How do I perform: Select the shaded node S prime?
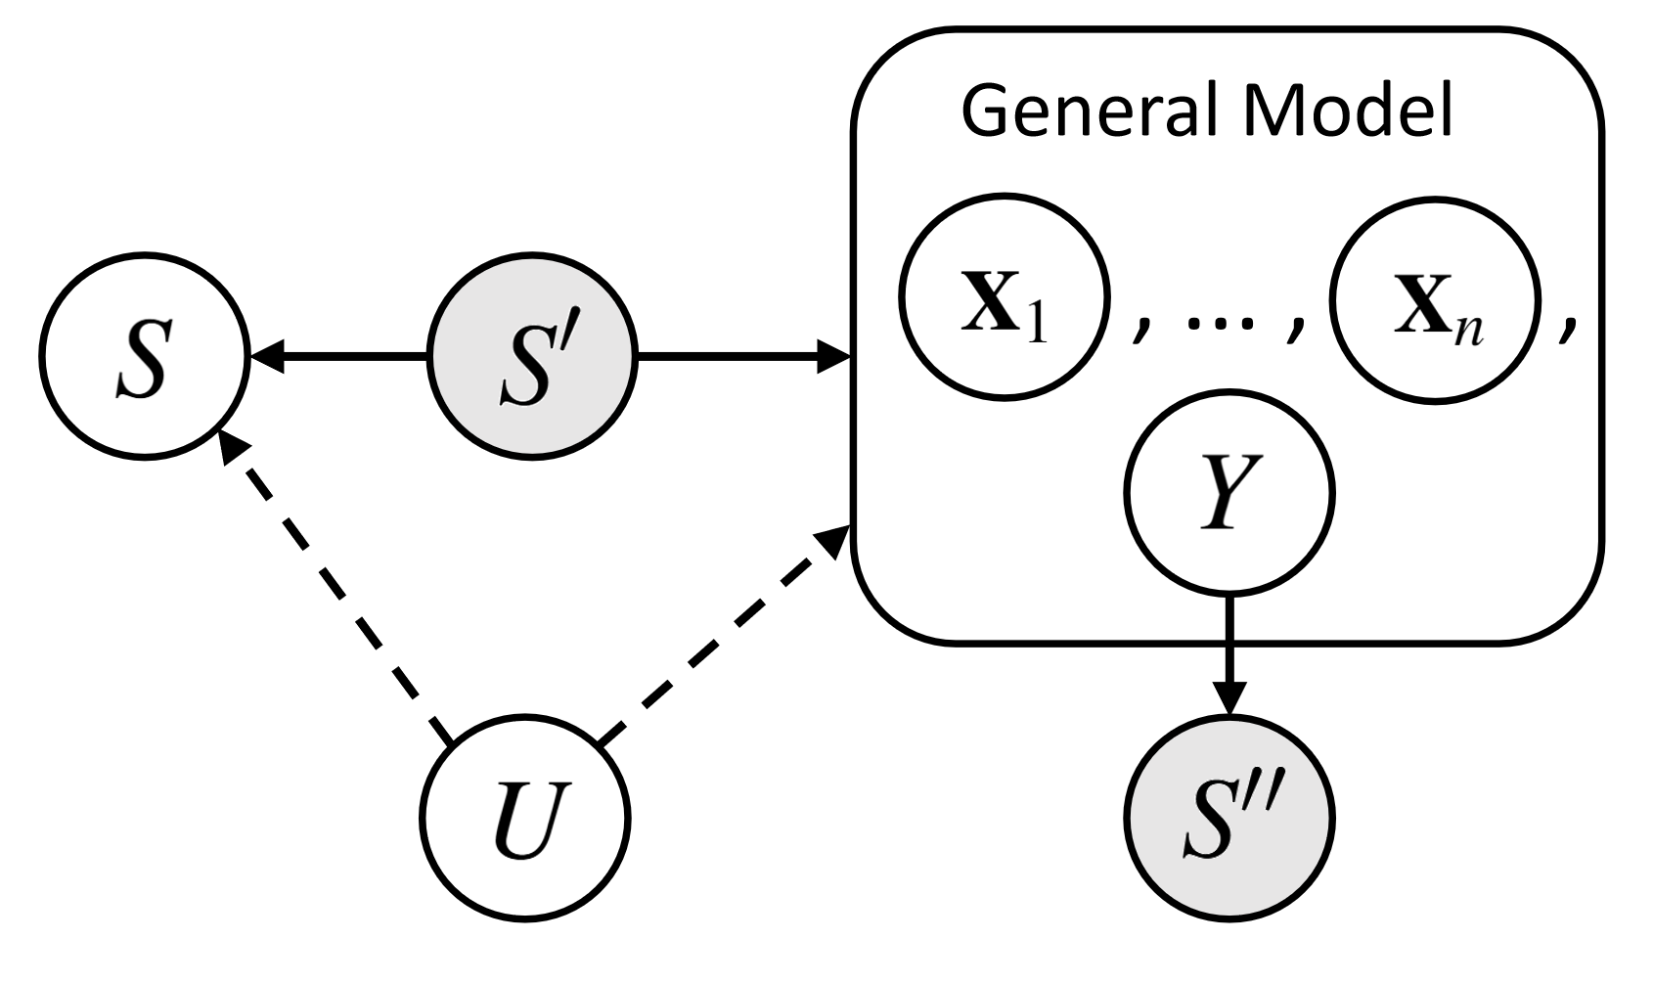pos(531,360)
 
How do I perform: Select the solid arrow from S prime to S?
pos(342,360)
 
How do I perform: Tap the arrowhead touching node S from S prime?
pos(266,360)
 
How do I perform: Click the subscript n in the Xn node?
pos(1472,333)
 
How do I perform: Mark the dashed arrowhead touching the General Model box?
pos(832,540)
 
